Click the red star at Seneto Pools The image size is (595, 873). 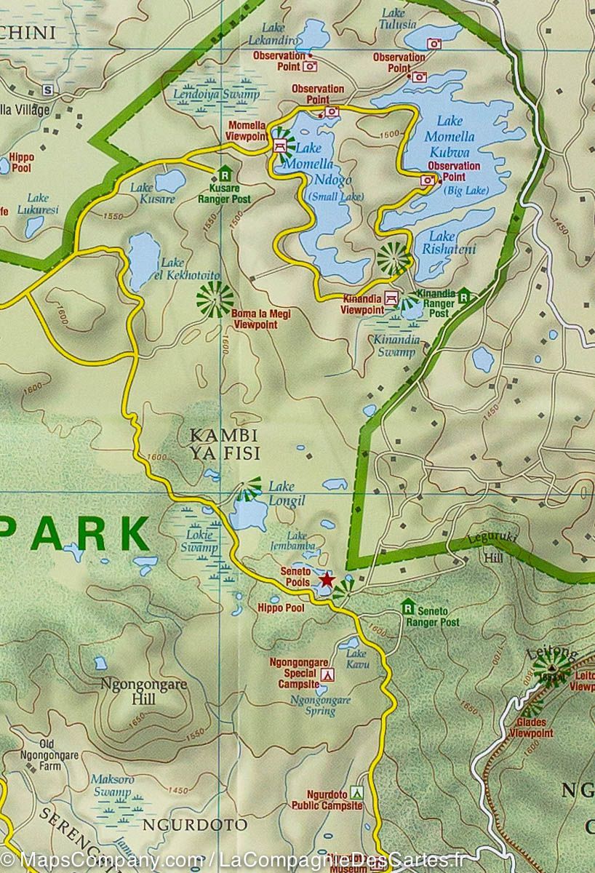pyautogui.click(x=327, y=581)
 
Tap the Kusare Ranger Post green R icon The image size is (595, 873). pyautogui.click(x=225, y=174)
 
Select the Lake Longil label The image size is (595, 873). pyautogui.click(x=287, y=493)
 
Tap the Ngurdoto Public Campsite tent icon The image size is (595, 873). pyautogui.click(x=356, y=792)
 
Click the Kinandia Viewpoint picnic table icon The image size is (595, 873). pyautogui.click(x=392, y=298)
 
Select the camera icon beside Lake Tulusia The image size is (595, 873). pyautogui.click(x=434, y=44)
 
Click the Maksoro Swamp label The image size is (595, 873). pyautogui.click(x=112, y=785)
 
